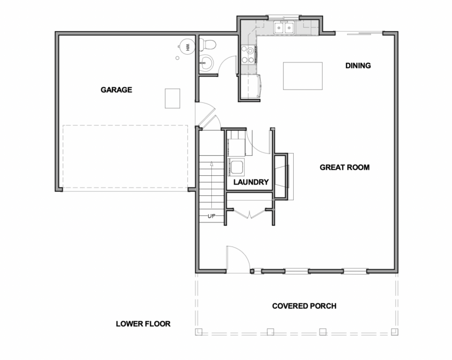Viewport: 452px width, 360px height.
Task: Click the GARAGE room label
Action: tap(116, 90)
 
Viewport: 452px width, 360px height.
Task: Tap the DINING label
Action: tap(358, 66)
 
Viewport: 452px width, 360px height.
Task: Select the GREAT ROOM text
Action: tap(344, 167)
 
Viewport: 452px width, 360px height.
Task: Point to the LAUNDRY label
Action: tap(251, 182)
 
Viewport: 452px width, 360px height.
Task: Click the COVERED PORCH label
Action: tap(304, 306)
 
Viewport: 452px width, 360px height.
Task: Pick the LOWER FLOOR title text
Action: tap(143, 324)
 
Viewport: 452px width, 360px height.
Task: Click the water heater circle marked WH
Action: tap(186, 46)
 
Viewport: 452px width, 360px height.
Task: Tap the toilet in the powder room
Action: tap(208, 45)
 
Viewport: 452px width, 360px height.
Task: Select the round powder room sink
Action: tap(206, 63)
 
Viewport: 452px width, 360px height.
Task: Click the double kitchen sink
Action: tap(284, 28)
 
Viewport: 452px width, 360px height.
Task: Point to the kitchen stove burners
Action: tap(248, 55)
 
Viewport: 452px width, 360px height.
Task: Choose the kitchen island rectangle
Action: tap(303, 76)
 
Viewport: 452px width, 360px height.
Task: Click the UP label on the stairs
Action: tap(211, 216)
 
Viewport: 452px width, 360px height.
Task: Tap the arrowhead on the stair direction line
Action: tap(212, 164)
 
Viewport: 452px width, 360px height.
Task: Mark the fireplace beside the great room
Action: tap(281, 176)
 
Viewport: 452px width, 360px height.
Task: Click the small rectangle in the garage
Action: tap(172, 98)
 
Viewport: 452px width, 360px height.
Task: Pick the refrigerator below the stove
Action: tap(251, 87)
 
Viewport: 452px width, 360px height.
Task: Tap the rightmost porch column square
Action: tap(395, 332)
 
